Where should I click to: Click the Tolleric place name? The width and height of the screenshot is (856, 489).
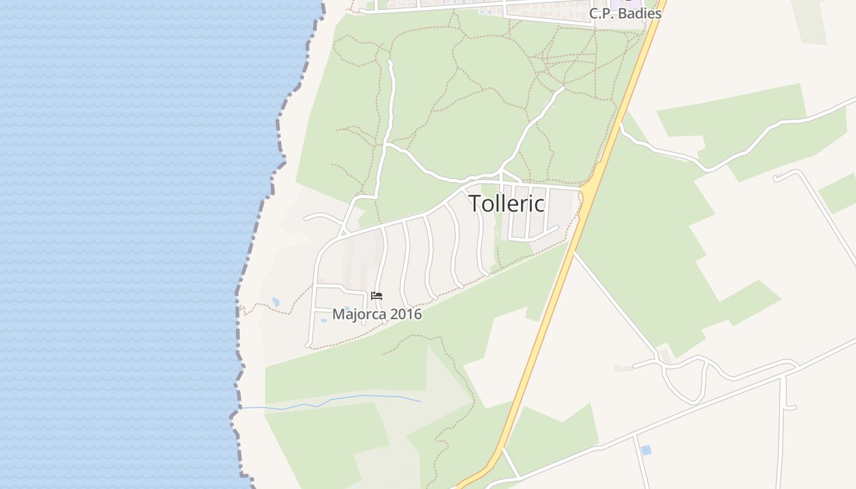pyautogui.click(x=506, y=204)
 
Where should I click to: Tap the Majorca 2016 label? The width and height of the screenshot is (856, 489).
pyautogui.click(x=377, y=314)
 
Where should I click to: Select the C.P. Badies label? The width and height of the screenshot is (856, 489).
pyautogui.click(x=625, y=13)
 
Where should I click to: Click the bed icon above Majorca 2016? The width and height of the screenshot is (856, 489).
pyautogui.click(x=377, y=296)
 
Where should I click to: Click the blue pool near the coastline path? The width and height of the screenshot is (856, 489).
pyautogui.click(x=276, y=301)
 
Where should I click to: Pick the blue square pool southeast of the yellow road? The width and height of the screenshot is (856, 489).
pyautogui.click(x=646, y=450)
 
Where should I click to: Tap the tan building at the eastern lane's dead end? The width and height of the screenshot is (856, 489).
pyautogui.click(x=624, y=368)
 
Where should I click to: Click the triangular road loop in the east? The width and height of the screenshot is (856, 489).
pyautogui.click(x=685, y=379)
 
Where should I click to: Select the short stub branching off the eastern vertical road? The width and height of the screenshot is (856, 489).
pyautogui.click(x=790, y=407)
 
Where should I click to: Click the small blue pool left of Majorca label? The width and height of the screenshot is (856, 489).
pyautogui.click(x=323, y=320)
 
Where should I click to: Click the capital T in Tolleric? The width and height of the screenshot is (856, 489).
pyautogui.click(x=475, y=204)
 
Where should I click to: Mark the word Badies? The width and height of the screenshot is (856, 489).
pyautogui.click(x=641, y=13)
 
